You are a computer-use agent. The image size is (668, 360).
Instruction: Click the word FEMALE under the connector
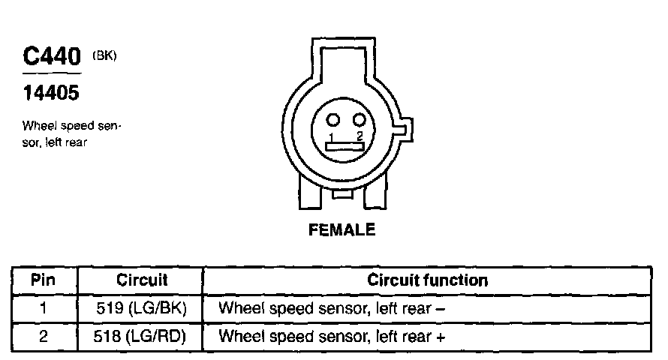pyautogui.click(x=342, y=231)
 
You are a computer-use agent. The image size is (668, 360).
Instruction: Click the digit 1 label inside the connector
pyautogui.click(x=331, y=136)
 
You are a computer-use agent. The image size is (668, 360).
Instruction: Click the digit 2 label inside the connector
pyautogui.click(x=360, y=136)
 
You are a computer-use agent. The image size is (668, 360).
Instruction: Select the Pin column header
pyautogui.click(x=44, y=281)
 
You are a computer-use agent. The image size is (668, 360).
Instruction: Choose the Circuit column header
pyautogui.click(x=142, y=281)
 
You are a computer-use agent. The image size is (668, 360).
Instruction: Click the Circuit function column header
pyautogui.click(x=428, y=281)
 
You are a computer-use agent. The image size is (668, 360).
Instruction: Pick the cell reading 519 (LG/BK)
pyautogui.click(x=142, y=308)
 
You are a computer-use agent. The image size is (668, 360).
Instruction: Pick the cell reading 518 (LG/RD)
pyautogui.click(x=142, y=336)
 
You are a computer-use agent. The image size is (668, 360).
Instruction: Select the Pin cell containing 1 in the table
pyautogui.click(x=44, y=308)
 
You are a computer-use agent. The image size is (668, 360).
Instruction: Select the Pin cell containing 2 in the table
pyautogui.click(x=44, y=336)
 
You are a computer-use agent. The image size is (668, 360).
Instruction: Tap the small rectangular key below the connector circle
pyautogui.click(x=342, y=193)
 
